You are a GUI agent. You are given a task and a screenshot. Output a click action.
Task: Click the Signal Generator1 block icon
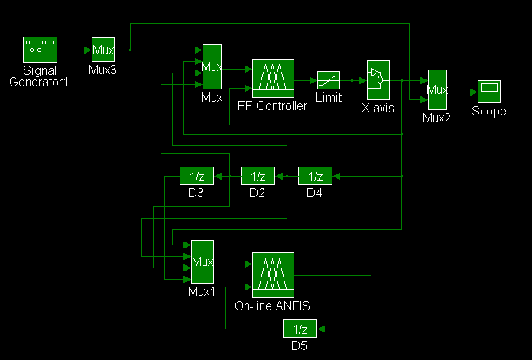tap(39, 50)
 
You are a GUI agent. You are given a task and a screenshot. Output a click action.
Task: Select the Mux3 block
tap(103, 50)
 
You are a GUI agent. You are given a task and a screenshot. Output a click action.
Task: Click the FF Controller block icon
tap(273, 78)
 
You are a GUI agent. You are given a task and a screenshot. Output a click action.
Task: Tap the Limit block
tap(329, 79)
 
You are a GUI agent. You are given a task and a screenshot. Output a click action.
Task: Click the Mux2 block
tap(436, 90)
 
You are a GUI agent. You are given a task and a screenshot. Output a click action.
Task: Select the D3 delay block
tap(195, 176)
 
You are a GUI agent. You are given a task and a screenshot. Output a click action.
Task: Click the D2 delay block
tap(257, 176)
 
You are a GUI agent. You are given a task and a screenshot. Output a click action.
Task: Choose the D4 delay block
tap(314, 176)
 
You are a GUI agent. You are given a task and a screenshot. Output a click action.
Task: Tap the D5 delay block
tap(300, 329)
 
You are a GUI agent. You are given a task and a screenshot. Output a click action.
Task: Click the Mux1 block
tap(203, 262)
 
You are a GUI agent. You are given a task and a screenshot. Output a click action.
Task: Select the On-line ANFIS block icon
tap(273, 274)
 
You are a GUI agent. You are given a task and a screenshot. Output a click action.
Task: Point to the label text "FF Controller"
tap(273, 105)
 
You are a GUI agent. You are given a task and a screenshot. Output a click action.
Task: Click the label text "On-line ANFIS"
tap(273, 306)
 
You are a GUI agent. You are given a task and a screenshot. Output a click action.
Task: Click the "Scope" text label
tap(489, 112)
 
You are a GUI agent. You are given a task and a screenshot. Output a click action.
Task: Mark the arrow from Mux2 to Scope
tap(462, 91)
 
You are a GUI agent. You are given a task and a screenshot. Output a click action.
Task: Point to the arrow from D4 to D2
tap(286, 177)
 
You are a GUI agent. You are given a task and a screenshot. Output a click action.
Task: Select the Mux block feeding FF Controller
tap(212, 67)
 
